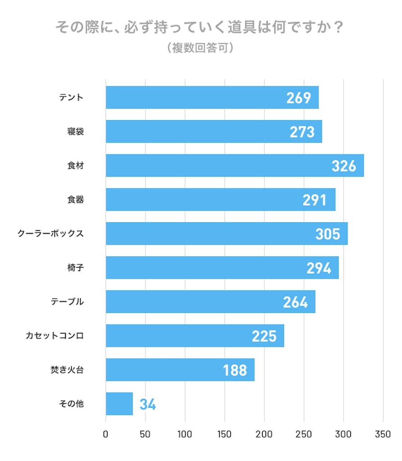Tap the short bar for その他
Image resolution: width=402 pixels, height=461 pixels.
(119, 404)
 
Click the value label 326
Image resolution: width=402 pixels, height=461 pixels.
(344, 166)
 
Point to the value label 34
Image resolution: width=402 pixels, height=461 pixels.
(148, 404)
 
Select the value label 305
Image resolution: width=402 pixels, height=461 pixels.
(328, 234)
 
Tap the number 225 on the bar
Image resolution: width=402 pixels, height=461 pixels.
(264, 336)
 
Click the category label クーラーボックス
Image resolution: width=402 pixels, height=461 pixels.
(50, 234)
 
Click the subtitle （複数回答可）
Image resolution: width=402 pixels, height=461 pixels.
(201, 48)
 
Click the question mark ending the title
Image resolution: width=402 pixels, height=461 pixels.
(339, 28)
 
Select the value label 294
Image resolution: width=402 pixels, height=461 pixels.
(319, 268)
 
